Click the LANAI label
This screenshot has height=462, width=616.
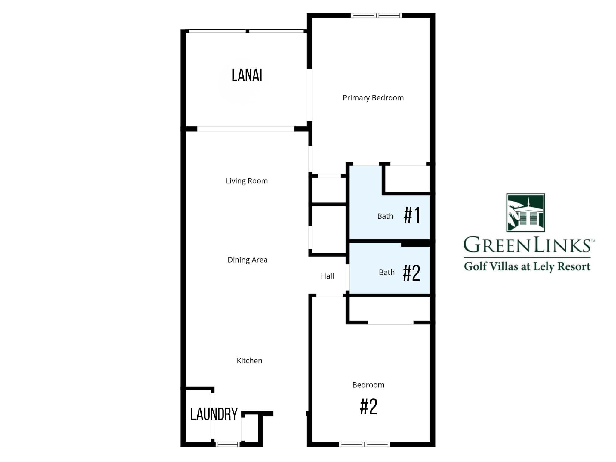pos(247,75)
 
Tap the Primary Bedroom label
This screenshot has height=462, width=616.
pos(373,98)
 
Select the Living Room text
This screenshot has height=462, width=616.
pos(247,181)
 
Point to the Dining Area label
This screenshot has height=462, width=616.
pos(247,260)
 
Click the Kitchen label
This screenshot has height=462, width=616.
pos(249,361)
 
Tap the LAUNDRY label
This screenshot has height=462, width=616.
pos(214,414)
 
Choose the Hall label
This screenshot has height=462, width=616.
pos(327,276)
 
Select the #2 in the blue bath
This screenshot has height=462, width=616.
pos(411,273)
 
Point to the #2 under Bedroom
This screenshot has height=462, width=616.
pos(368,407)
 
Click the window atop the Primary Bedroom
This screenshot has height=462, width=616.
pos(376,15)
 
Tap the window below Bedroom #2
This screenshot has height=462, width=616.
pos(365,444)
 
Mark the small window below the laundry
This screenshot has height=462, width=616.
pos(228,444)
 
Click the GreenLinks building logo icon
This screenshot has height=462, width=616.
pos(525,213)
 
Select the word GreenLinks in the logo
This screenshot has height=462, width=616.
pos(527,245)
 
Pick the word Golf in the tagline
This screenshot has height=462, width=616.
pos(475,266)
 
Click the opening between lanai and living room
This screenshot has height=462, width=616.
pos(246,129)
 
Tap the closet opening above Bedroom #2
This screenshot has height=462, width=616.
pos(390,322)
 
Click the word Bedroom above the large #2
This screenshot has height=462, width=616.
pos(368,385)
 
